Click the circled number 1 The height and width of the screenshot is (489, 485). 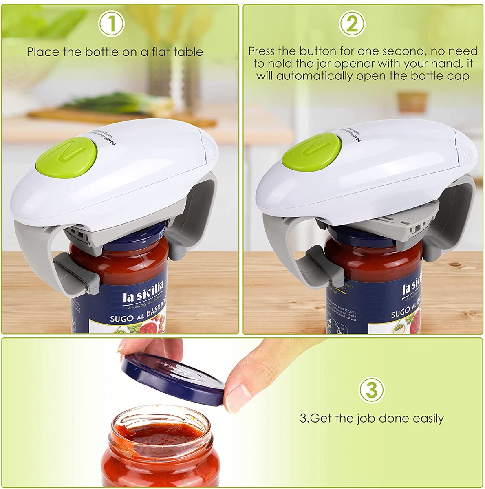(112, 24)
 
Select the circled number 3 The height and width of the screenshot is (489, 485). (371, 390)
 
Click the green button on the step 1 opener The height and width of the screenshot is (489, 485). (66, 157)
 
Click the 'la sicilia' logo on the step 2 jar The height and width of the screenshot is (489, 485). (412, 285)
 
